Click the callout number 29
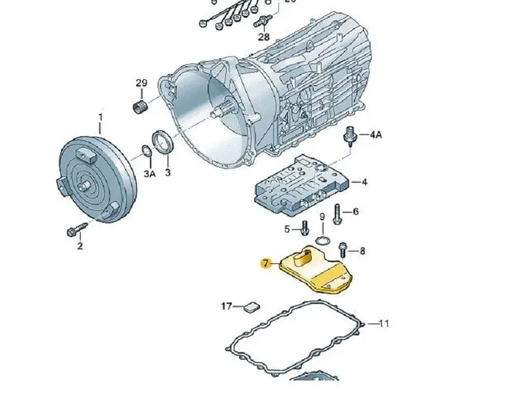[x=141, y=83]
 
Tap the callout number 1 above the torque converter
[x=101, y=118]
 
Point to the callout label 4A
[x=375, y=135]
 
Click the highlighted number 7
[x=265, y=264]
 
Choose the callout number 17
[x=227, y=306]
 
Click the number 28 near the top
[x=263, y=37]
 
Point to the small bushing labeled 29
[x=139, y=107]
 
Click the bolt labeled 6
[x=337, y=213]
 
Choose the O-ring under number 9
[x=322, y=240]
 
